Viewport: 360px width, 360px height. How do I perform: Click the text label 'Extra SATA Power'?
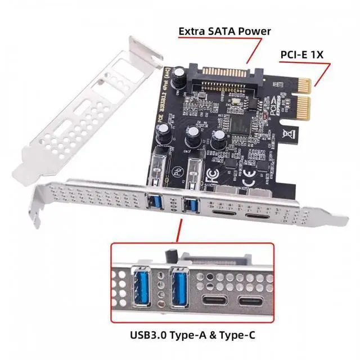224,31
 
